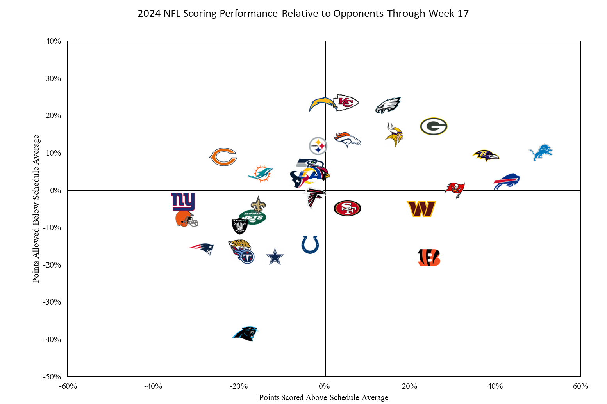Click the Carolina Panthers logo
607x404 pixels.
(x=246, y=333)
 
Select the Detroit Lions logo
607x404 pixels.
(x=541, y=152)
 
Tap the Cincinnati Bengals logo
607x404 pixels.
(x=429, y=257)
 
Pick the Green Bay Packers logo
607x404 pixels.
(x=434, y=126)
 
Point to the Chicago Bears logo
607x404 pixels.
(x=223, y=157)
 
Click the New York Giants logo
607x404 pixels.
(x=183, y=201)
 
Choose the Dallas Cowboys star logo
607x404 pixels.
(x=275, y=257)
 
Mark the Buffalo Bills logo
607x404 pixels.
(x=507, y=181)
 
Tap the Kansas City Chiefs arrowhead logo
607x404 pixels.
(x=346, y=103)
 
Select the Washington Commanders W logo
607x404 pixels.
(x=421, y=209)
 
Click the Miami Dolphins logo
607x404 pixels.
(x=261, y=174)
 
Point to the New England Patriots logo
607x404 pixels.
(x=202, y=248)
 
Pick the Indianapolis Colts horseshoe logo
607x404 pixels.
(x=310, y=245)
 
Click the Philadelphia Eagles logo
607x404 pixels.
(x=388, y=105)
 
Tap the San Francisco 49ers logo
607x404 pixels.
(x=347, y=208)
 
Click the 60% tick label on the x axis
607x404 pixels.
(x=580, y=386)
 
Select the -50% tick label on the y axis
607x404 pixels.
(x=52, y=377)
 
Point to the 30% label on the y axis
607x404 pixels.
(x=54, y=78)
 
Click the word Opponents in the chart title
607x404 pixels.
(x=359, y=13)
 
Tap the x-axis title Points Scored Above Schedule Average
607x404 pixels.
(x=323, y=397)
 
